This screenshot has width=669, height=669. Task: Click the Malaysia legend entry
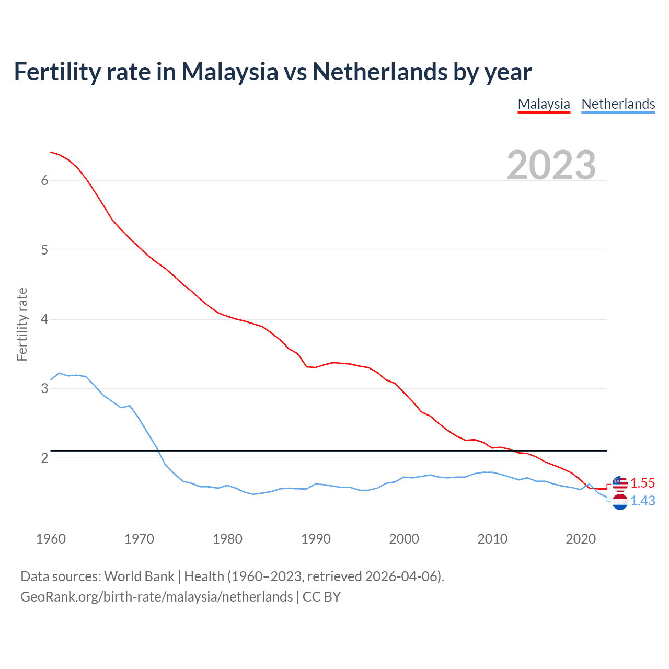[544, 104]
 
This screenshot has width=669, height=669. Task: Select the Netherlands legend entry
[618, 104]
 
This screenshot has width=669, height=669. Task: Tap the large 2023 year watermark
[551, 165]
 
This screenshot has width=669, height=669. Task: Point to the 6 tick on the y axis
[44, 180]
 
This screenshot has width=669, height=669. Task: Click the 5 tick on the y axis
[44, 250]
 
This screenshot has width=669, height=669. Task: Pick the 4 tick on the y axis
[44, 319]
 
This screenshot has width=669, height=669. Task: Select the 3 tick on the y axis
[44, 388]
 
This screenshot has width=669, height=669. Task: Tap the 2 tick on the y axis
[44, 458]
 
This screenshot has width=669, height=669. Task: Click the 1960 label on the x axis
[51, 539]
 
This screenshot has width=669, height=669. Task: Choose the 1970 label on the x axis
[139, 539]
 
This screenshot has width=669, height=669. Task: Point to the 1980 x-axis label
[227, 539]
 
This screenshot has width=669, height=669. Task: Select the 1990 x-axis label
[316, 539]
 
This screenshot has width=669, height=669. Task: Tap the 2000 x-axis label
[404, 539]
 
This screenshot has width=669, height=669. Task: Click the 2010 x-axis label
[492, 539]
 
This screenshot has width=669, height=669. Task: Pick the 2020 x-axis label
[581, 539]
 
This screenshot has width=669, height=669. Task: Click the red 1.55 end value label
[642, 483]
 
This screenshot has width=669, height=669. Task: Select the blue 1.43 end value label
[642, 501]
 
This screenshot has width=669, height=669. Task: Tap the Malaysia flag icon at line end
[620, 483]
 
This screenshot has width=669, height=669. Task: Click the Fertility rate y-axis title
[22, 324]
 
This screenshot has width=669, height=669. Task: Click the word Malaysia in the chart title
[229, 72]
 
